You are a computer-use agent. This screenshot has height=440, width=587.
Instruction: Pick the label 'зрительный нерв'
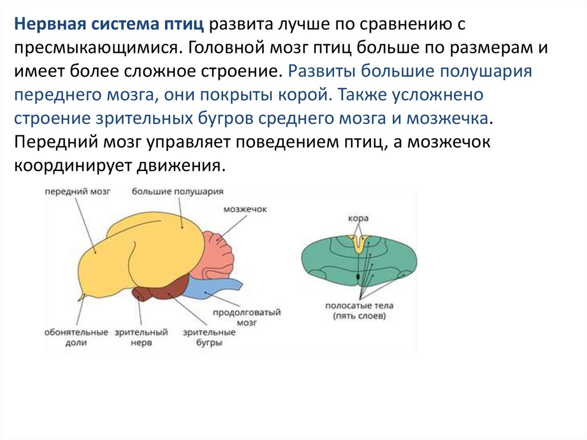pos(141,337)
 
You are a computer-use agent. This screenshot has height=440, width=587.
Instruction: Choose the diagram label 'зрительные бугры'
pos(209,337)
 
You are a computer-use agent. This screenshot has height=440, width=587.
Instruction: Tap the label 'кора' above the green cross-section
pos(358,219)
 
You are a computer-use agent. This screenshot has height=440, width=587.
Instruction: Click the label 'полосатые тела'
pos(359,306)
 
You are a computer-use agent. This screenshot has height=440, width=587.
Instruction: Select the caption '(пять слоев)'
pos(359,316)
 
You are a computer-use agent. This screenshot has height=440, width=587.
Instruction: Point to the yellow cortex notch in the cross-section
pos(359,244)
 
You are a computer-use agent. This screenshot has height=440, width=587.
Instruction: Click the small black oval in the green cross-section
pos(358,277)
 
